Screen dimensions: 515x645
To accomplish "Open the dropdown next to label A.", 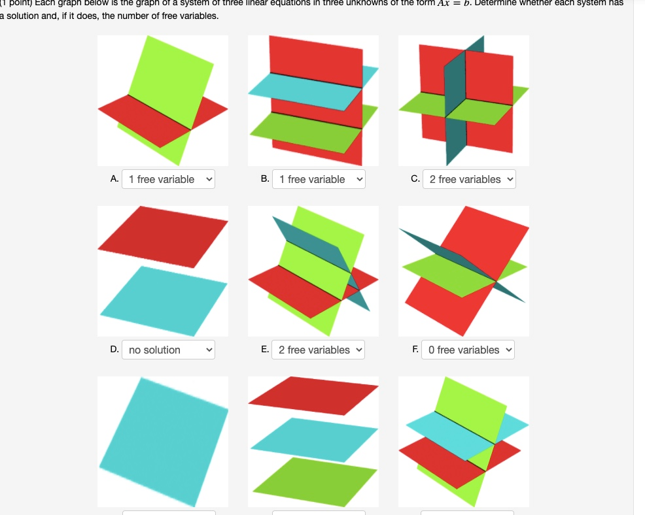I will pos(168,179).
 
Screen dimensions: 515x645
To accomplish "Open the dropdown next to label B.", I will pos(319,179).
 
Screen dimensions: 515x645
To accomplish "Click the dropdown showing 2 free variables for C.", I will pos(469,179).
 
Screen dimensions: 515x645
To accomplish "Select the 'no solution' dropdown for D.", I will pos(168,350).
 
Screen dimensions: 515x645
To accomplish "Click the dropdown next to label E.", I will pos(319,350).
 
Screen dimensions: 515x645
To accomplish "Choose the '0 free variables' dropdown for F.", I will pos(468,350).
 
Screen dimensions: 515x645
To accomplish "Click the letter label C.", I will pos(415,179).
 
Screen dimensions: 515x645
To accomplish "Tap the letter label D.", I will pos(114,350).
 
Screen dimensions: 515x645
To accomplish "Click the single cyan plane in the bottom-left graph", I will pos(164,441).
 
